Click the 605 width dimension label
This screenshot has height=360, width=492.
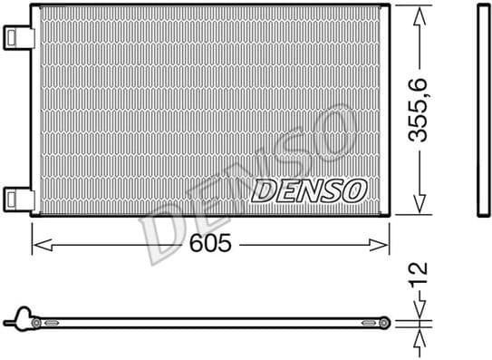pyautogui.click(x=210, y=244)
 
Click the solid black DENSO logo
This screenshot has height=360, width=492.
pyautogui.click(x=308, y=190)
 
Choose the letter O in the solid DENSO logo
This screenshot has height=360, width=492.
pyautogui.click(x=354, y=190)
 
